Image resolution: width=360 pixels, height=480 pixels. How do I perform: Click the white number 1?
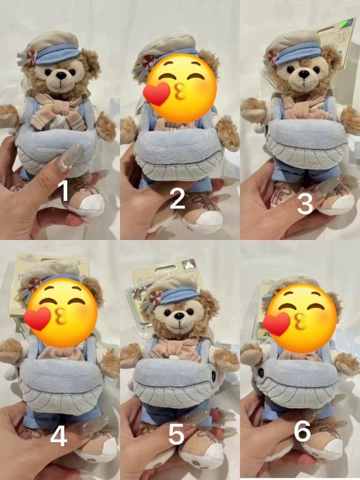click(x=64, y=191)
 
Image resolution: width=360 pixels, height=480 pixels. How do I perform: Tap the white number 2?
click(x=177, y=198)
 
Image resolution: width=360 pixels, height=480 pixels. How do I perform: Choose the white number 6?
click(x=302, y=430)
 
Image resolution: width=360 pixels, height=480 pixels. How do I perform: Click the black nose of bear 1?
click(x=62, y=75)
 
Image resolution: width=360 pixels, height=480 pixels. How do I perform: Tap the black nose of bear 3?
click(x=304, y=73)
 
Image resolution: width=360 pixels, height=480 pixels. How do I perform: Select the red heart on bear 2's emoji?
click(x=157, y=95)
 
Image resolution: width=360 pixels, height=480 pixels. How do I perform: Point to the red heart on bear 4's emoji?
click(x=37, y=319)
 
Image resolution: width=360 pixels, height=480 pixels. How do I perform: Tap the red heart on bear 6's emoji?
click(x=276, y=324)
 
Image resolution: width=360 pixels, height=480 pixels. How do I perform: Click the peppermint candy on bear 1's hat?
click(x=32, y=57)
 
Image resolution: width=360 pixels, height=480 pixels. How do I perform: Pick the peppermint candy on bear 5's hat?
click(x=155, y=298)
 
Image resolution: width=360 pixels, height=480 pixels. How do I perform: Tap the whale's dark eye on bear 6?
click(x=261, y=372)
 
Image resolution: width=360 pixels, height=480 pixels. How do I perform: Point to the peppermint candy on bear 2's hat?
click(x=149, y=62)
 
